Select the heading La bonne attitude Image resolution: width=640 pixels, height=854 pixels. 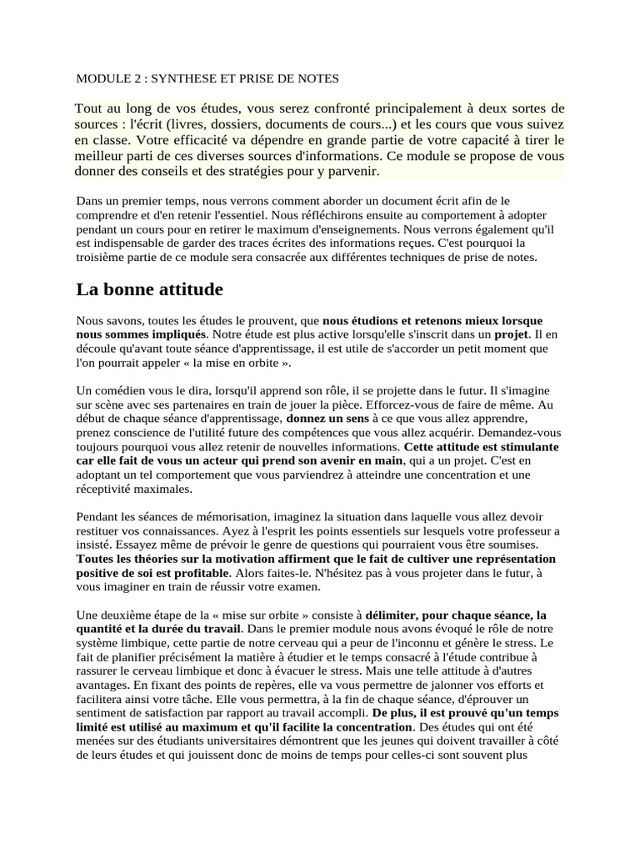(x=151, y=289)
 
